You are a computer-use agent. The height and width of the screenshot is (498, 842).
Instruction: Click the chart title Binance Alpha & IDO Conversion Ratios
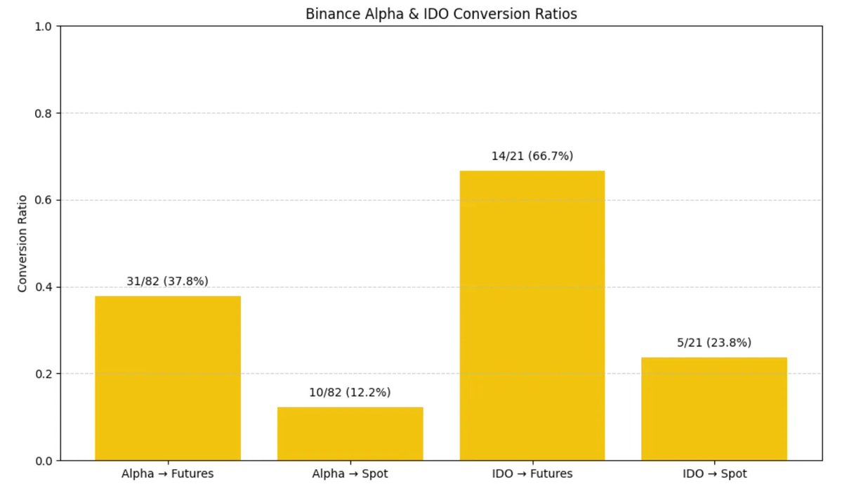coord(441,14)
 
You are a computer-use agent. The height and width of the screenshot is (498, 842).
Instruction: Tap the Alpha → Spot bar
coord(350,433)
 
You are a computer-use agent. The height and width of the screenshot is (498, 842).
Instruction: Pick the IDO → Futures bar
coord(532,315)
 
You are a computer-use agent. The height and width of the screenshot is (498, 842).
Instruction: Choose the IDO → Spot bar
coord(713,409)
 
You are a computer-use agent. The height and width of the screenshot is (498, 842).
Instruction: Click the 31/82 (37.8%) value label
coord(167,281)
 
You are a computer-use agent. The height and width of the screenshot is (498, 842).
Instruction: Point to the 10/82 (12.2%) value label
coord(350,392)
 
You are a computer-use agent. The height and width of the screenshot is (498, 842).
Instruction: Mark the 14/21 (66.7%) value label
coord(532,156)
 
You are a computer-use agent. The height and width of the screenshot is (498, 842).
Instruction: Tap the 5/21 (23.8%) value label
coord(714,343)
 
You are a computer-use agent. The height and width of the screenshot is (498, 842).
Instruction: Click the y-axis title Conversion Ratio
coord(22,243)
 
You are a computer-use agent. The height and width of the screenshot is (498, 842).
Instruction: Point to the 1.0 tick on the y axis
coord(44,27)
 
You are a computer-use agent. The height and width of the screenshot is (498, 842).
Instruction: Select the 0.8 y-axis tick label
coord(44,113)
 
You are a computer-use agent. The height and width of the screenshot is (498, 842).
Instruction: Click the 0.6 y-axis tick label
coord(44,200)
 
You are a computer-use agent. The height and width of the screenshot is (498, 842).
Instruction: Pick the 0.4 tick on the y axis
coord(44,287)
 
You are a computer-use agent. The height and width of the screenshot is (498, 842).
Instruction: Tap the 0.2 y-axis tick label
coord(44,374)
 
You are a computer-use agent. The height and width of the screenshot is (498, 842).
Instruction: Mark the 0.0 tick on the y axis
coord(44,461)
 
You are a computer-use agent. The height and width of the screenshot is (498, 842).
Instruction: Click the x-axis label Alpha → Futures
coord(167,474)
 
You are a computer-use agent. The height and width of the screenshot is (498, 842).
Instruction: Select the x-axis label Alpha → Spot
coord(350,474)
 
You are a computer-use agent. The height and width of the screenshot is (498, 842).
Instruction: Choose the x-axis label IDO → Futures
coord(532,474)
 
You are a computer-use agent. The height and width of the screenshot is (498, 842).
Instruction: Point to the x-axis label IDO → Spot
coord(714,474)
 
